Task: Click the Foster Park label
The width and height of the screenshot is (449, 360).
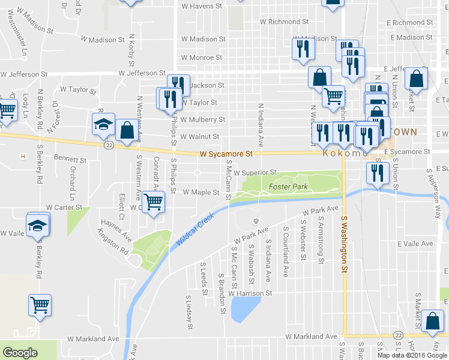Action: click(288, 187)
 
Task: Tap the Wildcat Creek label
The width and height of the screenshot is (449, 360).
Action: click(196, 230)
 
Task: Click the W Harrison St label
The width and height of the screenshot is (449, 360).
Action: click(250, 293)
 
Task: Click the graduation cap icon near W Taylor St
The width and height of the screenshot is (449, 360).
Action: click(103, 124)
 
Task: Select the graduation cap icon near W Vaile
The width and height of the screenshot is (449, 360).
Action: click(38, 224)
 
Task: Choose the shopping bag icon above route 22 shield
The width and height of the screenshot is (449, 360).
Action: click(127, 130)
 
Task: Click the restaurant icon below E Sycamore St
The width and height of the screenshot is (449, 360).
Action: click(378, 173)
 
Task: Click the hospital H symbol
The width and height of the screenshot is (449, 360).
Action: click(23, 157)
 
